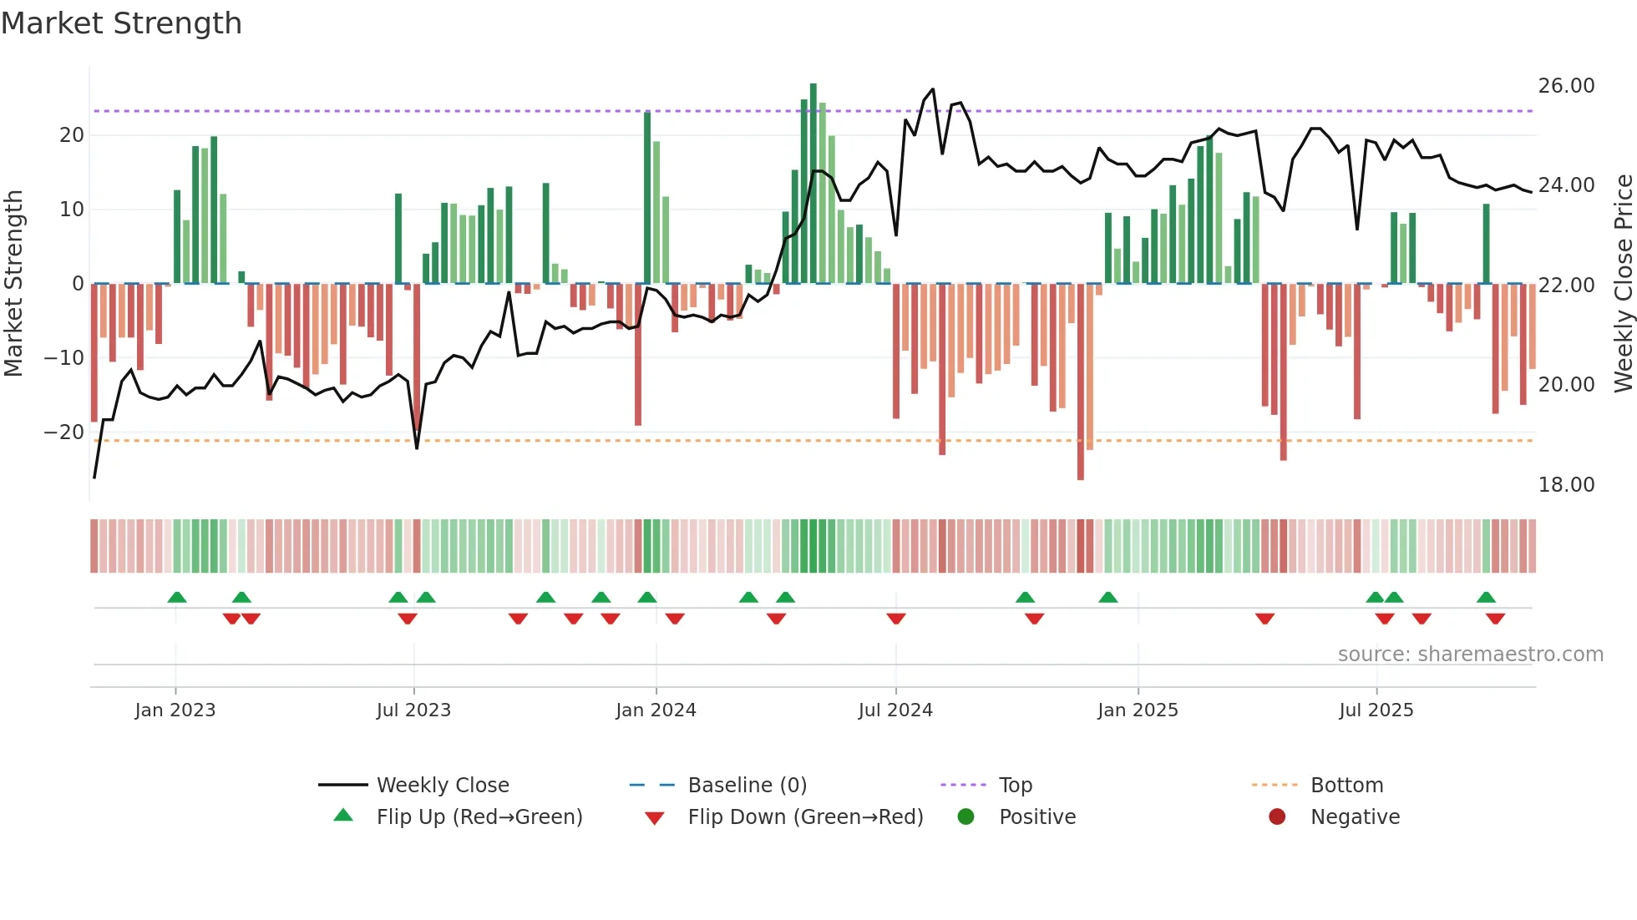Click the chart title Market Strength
(x=121, y=23)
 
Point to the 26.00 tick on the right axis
(x=1566, y=86)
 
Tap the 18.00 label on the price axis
(x=1566, y=485)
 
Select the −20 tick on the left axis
(x=64, y=432)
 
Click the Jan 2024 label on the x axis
(x=656, y=710)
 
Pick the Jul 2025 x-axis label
(x=1376, y=710)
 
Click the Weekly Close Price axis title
(x=1623, y=284)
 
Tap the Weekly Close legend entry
(x=442, y=786)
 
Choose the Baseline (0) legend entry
(x=747, y=786)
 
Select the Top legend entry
(x=1015, y=786)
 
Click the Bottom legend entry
(x=1346, y=786)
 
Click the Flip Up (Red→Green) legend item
(x=479, y=817)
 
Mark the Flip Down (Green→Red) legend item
(x=805, y=817)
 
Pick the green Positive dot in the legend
(x=966, y=817)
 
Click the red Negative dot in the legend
(x=1277, y=817)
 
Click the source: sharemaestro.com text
(x=1470, y=655)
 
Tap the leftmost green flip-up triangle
(x=177, y=597)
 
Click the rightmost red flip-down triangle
(x=1495, y=619)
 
